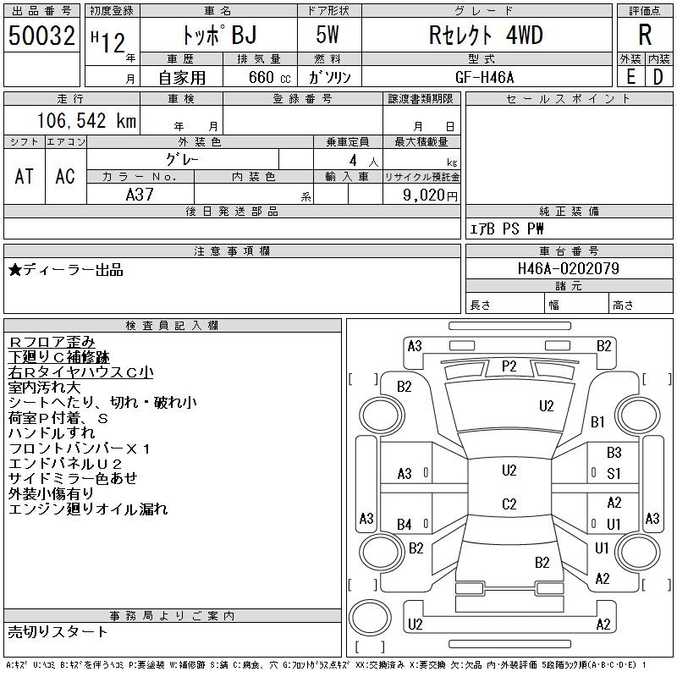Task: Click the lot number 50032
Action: [x=41, y=36]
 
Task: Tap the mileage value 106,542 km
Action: [x=86, y=120]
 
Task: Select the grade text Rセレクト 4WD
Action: [x=486, y=35]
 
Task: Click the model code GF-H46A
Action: [x=485, y=77]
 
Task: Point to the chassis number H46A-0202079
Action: [x=568, y=268]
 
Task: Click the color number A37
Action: [x=140, y=195]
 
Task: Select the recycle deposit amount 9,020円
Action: [x=430, y=195]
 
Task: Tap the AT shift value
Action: [x=25, y=176]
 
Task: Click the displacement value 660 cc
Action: [x=269, y=77]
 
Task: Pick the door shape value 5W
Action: [x=327, y=35]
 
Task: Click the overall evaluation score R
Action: [x=645, y=35]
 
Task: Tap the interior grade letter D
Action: [x=658, y=77]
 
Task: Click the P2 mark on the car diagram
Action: [x=509, y=366]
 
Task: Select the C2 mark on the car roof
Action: [x=509, y=504]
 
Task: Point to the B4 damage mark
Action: [x=405, y=525]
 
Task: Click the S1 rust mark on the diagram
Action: [x=614, y=474]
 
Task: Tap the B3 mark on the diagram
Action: [x=614, y=453]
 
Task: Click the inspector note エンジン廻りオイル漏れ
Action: [x=88, y=509]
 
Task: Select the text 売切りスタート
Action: [x=58, y=631]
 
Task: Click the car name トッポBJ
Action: [x=219, y=35]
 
